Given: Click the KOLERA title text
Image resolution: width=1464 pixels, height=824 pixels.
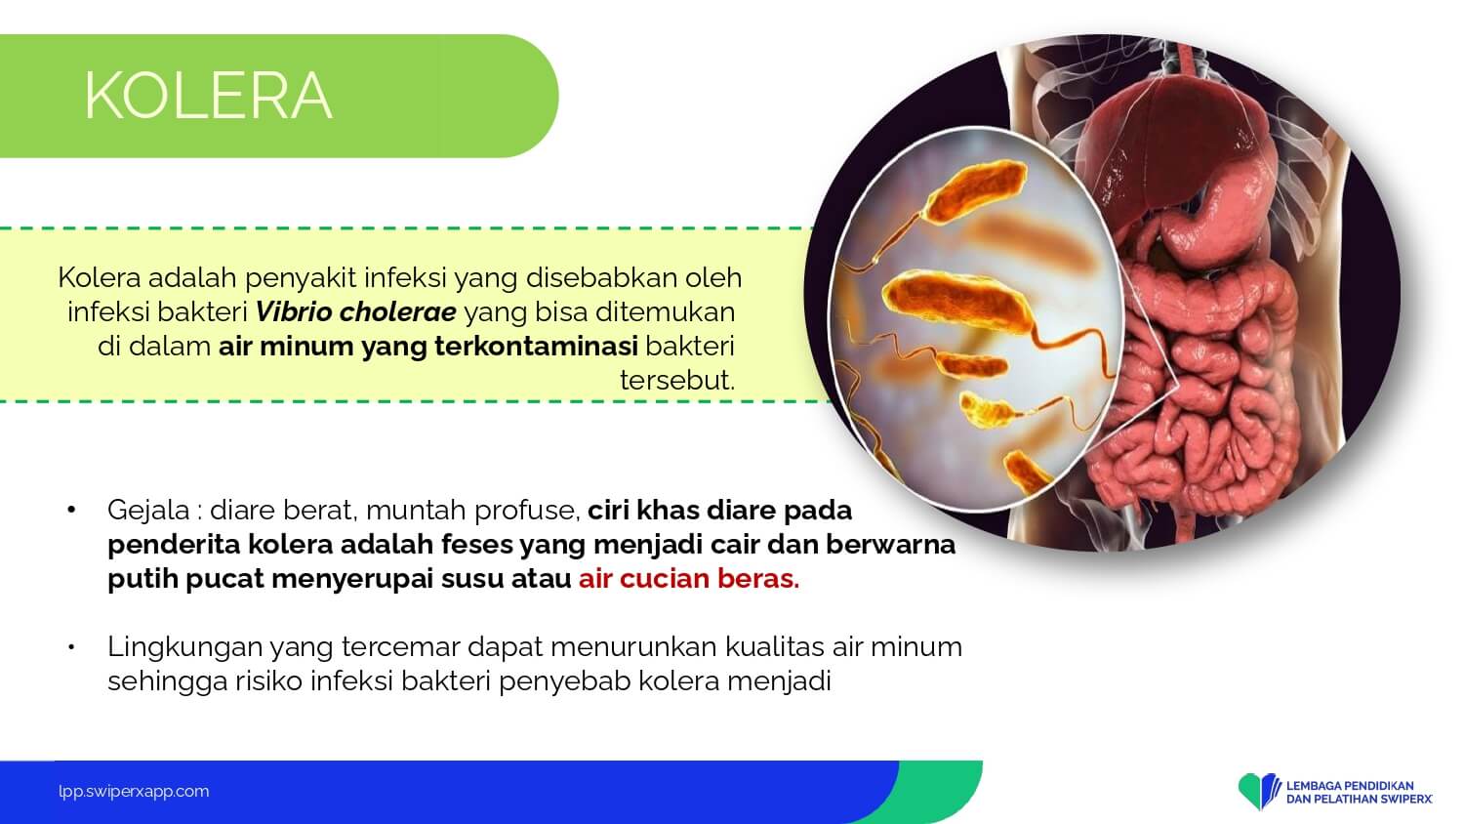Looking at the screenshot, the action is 208,96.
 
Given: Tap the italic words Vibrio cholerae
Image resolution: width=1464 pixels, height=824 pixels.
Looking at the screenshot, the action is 355,312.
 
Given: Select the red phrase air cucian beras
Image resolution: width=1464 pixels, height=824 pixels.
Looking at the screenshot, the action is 689,579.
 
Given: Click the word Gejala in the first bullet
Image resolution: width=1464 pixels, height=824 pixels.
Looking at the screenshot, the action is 148,511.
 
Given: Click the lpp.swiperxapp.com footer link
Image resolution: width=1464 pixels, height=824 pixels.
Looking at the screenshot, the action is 134,792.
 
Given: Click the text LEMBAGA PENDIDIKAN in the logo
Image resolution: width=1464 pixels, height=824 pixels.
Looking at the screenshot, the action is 1350,785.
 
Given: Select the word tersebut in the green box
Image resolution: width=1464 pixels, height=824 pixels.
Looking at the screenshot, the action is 677,380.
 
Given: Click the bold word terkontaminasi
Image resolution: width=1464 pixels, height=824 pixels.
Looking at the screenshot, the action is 536,346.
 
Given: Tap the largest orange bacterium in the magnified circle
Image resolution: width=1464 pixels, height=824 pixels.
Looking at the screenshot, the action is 957,302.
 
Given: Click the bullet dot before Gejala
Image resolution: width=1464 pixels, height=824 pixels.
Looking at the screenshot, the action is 71,510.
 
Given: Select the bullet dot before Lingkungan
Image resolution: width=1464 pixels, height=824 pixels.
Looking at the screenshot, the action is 71,647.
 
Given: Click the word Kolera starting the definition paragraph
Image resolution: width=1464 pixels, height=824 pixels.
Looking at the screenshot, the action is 100,278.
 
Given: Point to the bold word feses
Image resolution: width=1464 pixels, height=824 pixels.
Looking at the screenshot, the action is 477,545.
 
